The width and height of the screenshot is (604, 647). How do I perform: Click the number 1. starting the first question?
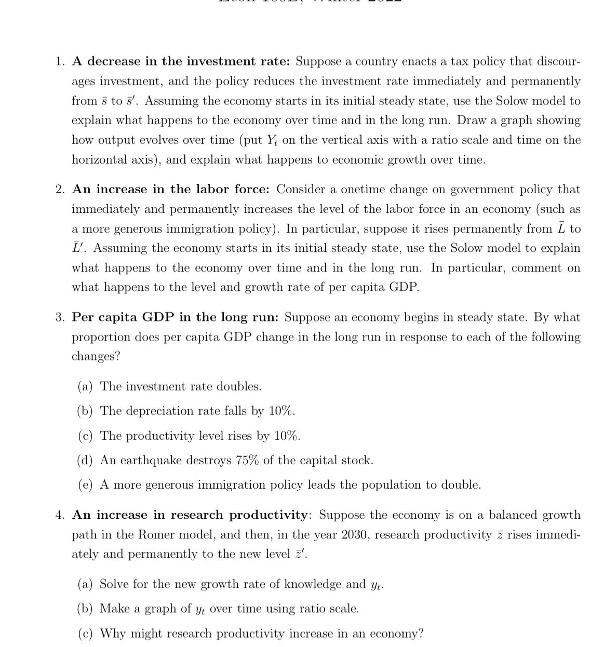(x=61, y=62)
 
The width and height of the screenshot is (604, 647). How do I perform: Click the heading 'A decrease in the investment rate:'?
(x=181, y=62)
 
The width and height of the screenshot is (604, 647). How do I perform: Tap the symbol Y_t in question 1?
(x=273, y=140)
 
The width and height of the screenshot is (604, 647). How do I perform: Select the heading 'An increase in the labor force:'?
(x=171, y=190)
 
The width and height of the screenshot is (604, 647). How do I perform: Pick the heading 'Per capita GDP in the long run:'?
(x=176, y=317)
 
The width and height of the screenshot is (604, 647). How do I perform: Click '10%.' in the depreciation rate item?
(x=282, y=411)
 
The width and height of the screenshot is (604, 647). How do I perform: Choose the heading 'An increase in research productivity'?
(x=190, y=515)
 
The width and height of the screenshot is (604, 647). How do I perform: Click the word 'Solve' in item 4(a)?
(x=114, y=584)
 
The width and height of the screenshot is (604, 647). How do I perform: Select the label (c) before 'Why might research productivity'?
(x=85, y=634)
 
